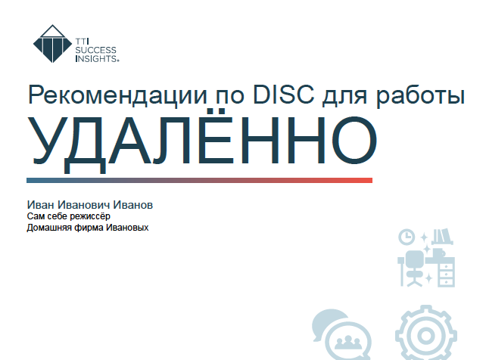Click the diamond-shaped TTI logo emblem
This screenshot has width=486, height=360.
tap(53, 44)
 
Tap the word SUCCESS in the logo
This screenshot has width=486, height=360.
tap(96, 50)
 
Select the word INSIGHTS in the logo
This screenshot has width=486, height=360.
tap(96, 58)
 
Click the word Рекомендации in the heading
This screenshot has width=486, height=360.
tap(118, 95)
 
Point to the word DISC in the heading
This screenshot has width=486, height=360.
tap(284, 94)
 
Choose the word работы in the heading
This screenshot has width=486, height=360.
tap(421, 96)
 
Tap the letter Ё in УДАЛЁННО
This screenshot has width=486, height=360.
tap(216, 135)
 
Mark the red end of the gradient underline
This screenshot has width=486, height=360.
tap(372, 180)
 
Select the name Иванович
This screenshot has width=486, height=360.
tap(84, 205)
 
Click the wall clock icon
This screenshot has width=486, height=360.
tap(407, 237)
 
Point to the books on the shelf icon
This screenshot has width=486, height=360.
tap(442, 237)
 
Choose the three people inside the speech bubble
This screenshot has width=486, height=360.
tap(348, 342)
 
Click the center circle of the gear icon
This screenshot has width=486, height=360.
tap(426, 336)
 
